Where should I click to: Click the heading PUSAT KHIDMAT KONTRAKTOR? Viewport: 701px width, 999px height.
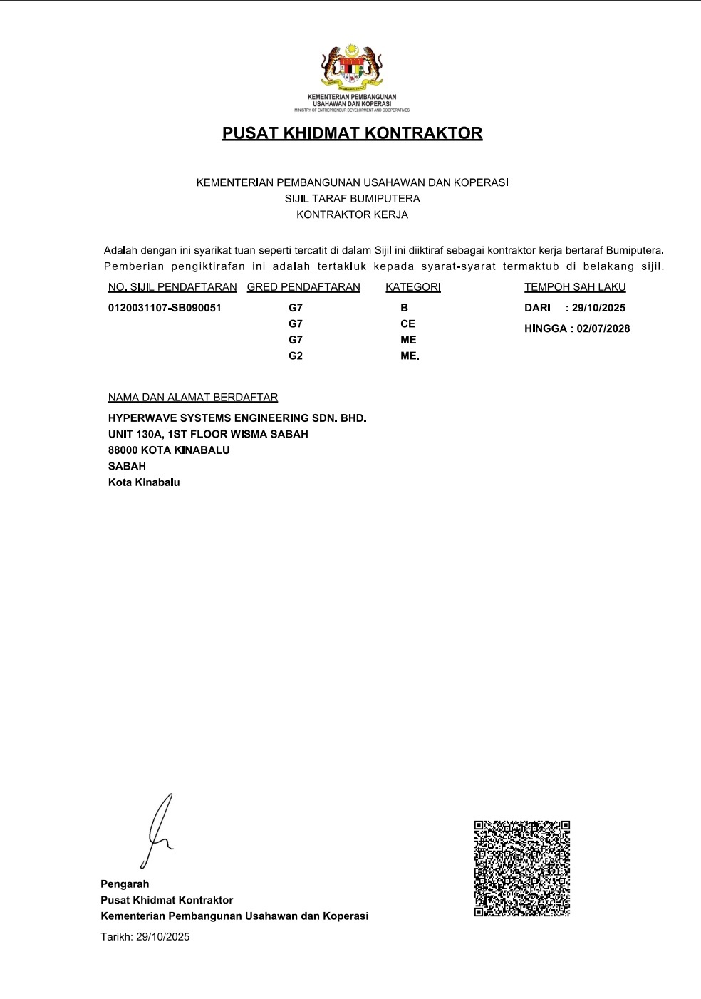click(x=352, y=133)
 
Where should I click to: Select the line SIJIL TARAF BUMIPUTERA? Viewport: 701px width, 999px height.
click(x=352, y=199)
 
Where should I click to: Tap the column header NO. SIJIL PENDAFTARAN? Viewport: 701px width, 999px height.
click(x=172, y=287)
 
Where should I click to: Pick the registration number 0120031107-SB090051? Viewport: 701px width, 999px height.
click(x=165, y=308)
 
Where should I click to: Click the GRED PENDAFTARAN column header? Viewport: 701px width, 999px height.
click(x=303, y=287)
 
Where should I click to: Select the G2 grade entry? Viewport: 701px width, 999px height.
click(x=296, y=356)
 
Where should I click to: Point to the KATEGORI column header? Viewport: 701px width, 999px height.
click(x=413, y=287)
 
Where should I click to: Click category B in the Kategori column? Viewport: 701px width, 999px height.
click(x=405, y=308)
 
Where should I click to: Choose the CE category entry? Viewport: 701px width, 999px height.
click(x=407, y=323)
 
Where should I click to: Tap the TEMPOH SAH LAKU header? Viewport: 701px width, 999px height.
click(x=575, y=287)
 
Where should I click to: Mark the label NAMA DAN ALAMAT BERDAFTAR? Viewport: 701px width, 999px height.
click(x=193, y=398)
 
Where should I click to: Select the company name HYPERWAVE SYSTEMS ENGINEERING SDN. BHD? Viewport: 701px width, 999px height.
click(x=237, y=418)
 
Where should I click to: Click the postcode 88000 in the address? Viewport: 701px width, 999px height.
click(x=123, y=450)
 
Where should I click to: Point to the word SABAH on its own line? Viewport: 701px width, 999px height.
click(x=127, y=466)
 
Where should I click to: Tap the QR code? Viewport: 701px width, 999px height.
click(x=522, y=869)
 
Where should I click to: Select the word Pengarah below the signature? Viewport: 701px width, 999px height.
click(x=125, y=884)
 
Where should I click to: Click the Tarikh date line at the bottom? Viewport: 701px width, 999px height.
click(x=145, y=937)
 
